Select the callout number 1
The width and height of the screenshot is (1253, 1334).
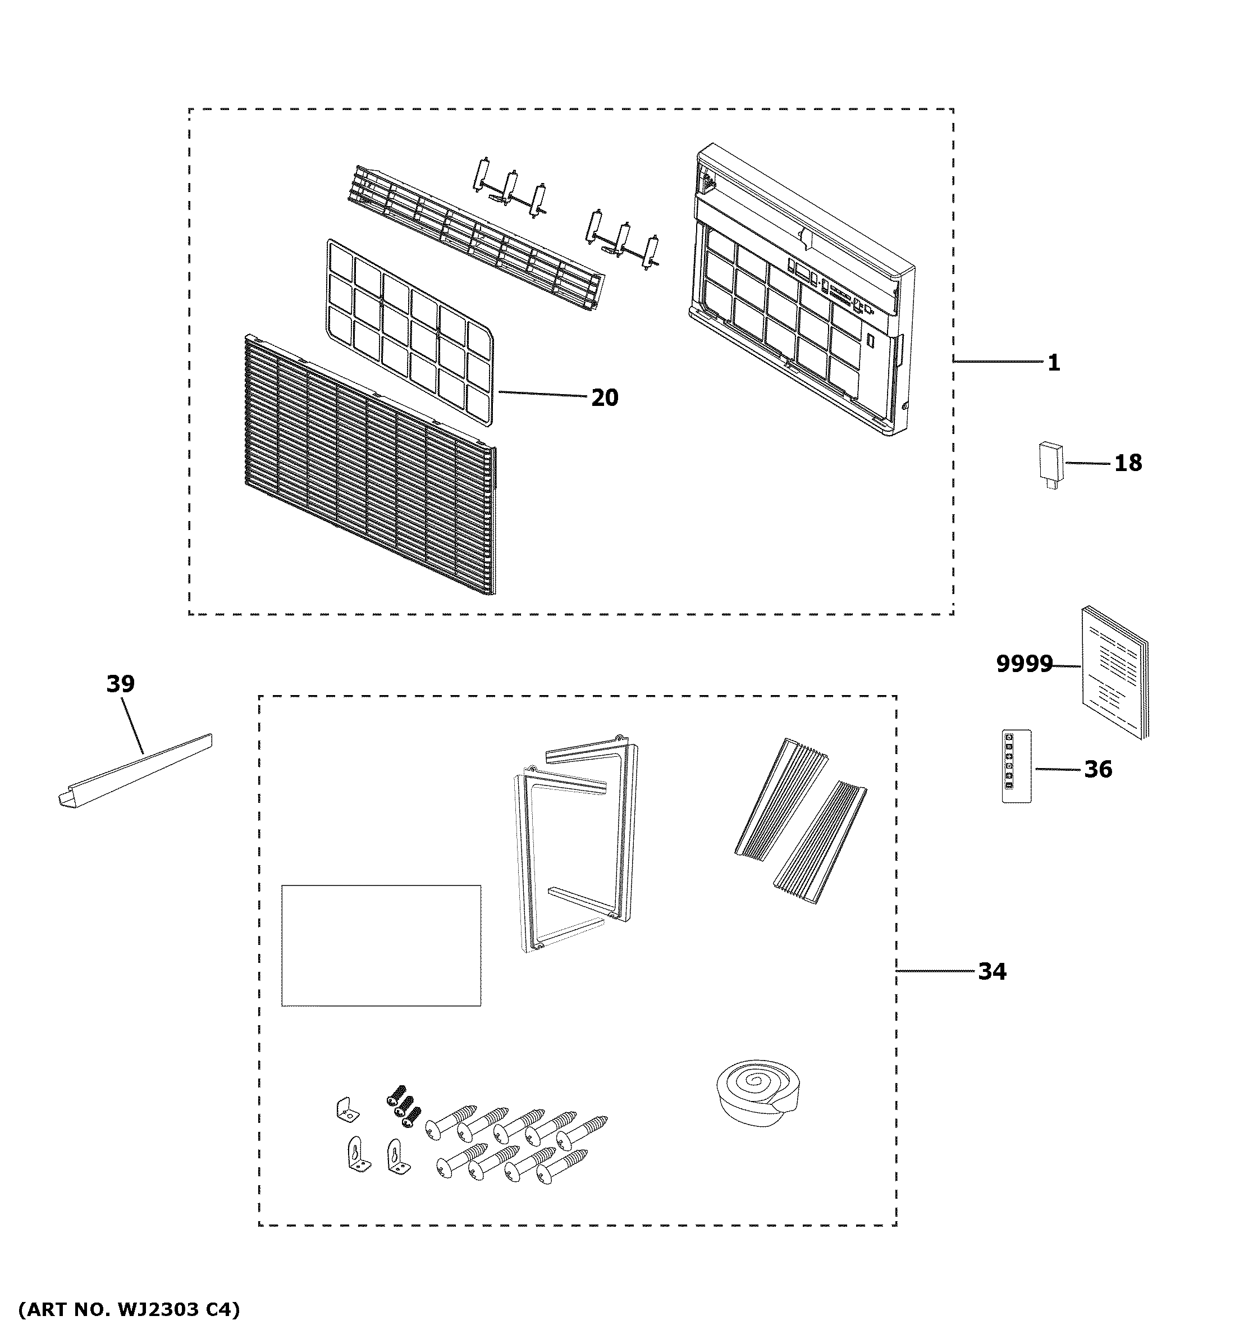click(1053, 363)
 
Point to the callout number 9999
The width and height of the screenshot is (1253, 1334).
click(1023, 664)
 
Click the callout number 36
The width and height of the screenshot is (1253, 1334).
click(1098, 769)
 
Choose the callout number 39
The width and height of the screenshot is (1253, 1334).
click(120, 684)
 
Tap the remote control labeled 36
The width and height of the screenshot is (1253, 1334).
click(1016, 766)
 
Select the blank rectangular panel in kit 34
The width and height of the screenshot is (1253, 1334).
click(381, 945)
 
